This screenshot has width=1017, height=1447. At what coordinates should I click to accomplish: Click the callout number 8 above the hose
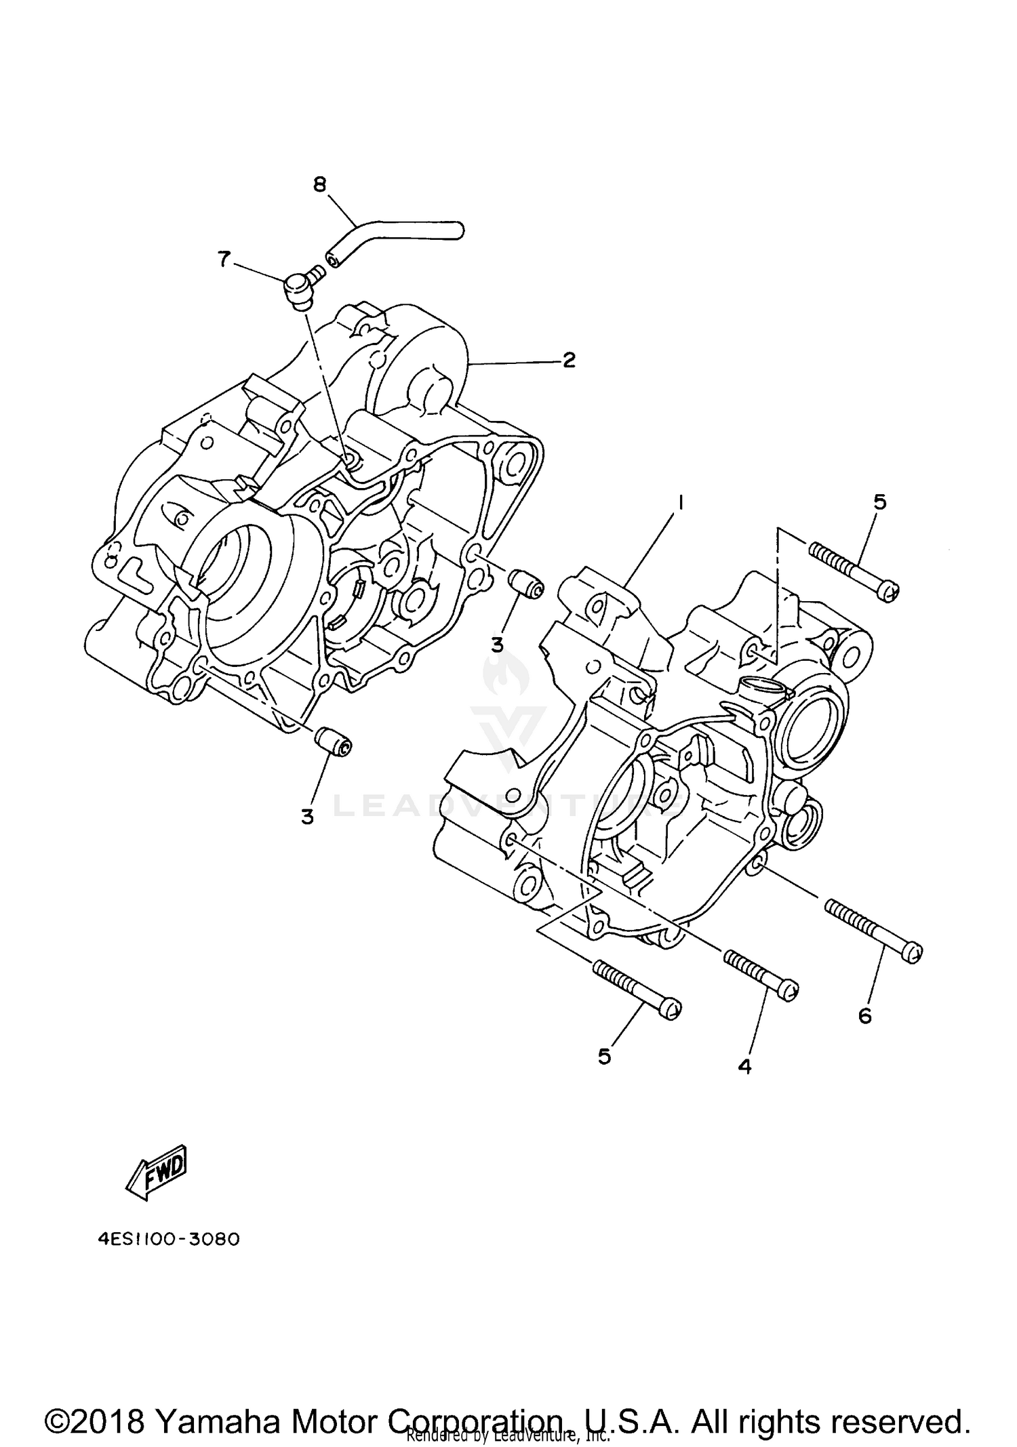pyautogui.click(x=320, y=184)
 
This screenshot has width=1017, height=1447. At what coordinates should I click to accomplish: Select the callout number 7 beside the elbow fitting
pyautogui.click(x=223, y=258)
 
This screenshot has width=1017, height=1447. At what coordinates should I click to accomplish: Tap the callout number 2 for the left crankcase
pyautogui.click(x=568, y=360)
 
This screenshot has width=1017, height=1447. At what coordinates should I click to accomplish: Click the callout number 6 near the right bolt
pyautogui.click(x=864, y=1015)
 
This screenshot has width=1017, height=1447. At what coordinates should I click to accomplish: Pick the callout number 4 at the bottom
pyautogui.click(x=744, y=1066)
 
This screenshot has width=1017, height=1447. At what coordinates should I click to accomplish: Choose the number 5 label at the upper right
pyautogui.click(x=879, y=502)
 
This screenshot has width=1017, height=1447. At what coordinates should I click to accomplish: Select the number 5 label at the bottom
pyautogui.click(x=604, y=1056)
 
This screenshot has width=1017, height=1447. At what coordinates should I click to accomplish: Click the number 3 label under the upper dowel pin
pyautogui.click(x=498, y=645)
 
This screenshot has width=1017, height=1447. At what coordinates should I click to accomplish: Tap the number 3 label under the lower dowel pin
pyautogui.click(x=308, y=817)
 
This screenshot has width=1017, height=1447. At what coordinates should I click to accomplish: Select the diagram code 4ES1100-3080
pyautogui.click(x=168, y=1240)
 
